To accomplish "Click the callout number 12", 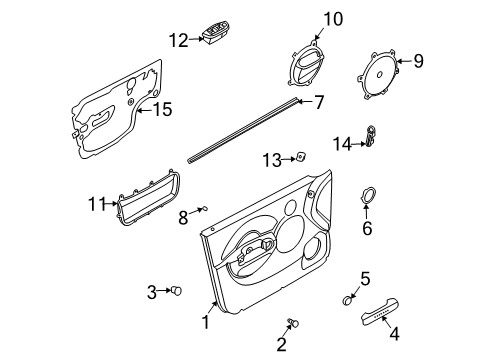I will pos(177,41).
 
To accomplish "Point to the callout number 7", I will pos(319,101).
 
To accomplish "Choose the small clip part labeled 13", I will pos(299,156).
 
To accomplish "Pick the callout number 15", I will pos(161,109).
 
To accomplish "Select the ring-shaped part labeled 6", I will pos(367,197).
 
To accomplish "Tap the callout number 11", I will pos(96,204).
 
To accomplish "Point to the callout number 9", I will pos(418,61).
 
